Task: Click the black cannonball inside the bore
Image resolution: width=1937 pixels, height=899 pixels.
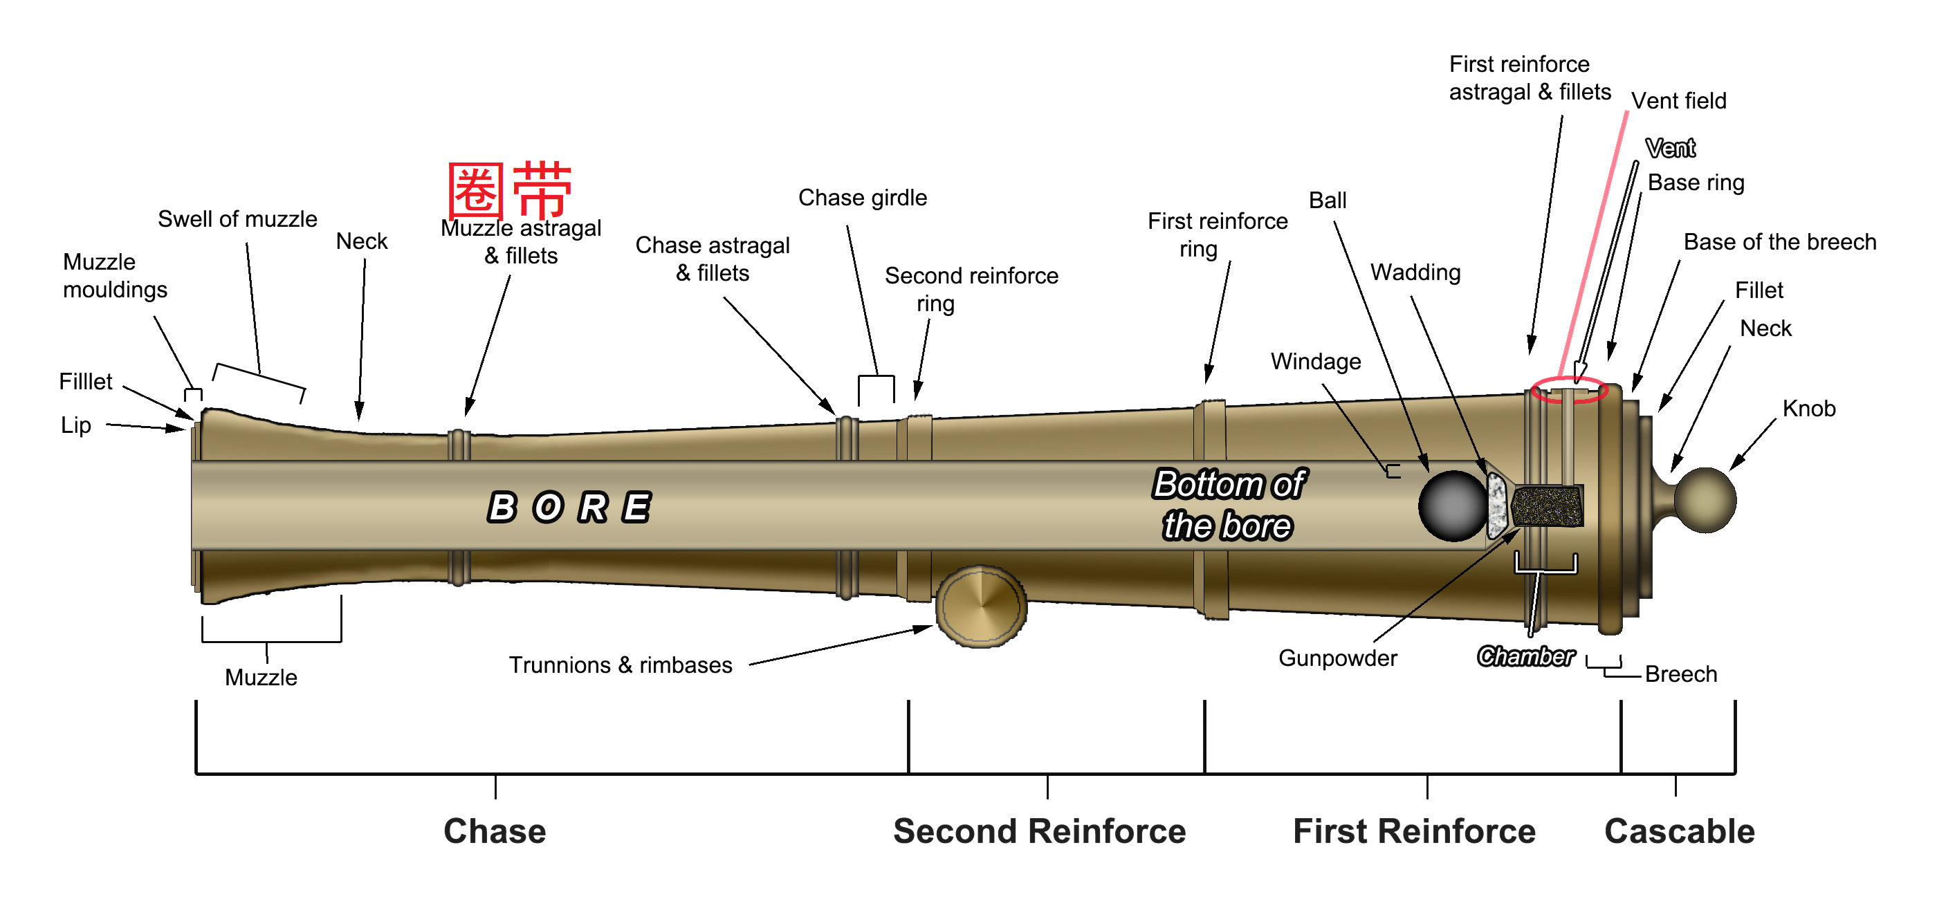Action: tap(1453, 506)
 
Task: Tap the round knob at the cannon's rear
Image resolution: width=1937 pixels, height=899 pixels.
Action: tap(1705, 500)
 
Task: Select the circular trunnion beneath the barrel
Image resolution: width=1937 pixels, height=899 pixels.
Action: tap(980, 606)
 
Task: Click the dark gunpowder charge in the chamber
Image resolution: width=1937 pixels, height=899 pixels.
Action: tap(1548, 506)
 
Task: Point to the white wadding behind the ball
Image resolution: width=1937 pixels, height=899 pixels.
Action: tap(1498, 505)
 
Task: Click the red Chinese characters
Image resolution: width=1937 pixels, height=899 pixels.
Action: tap(510, 189)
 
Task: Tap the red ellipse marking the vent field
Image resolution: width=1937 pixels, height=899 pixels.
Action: tap(1568, 390)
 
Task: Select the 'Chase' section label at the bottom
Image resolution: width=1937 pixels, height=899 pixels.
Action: tap(495, 831)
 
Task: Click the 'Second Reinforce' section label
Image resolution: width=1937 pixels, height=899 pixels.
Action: tap(1039, 831)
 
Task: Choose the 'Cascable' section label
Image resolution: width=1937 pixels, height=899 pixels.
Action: tap(1679, 831)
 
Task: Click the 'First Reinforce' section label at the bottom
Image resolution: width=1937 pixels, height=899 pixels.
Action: tap(1413, 831)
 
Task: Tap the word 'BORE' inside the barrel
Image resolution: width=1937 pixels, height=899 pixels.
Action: tap(569, 507)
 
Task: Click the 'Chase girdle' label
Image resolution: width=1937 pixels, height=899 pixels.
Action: tap(863, 198)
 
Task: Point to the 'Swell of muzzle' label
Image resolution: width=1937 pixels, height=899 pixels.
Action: tap(237, 219)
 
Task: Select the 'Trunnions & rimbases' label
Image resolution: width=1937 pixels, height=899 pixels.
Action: tap(621, 665)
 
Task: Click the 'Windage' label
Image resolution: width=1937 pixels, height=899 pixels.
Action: tap(1316, 362)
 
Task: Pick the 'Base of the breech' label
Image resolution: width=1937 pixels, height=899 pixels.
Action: tap(1780, 241)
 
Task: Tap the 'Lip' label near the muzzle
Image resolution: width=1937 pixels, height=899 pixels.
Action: tap(76, 425)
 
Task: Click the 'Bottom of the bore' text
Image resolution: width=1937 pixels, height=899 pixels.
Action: tap(1229, 504)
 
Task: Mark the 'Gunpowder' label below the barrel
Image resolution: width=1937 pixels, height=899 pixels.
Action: tap(1338, 658)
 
